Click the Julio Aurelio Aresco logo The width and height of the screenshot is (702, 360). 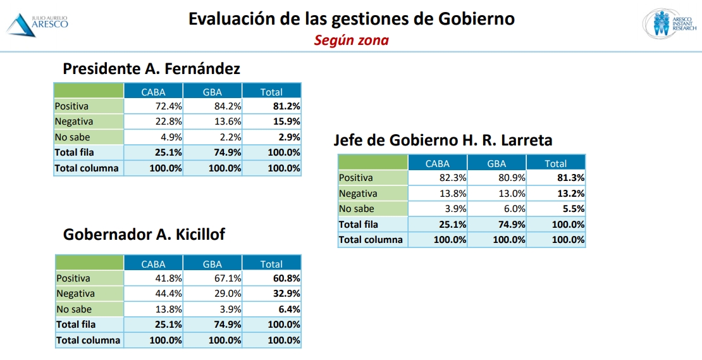pyautogui.click(x=37, y=23)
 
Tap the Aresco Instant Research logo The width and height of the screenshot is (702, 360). pyautogui.click(x=669, y=23)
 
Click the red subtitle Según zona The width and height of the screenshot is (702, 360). pyautogui.click(x=351, y=40)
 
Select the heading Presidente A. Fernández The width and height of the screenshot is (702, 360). pyautogui.click(x=151, y=68)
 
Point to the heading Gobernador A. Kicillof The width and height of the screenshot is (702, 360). pyautogui.click(x=144, y=235)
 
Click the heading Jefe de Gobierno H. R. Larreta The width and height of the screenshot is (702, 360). pyautogui.click(x=443, y=140)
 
